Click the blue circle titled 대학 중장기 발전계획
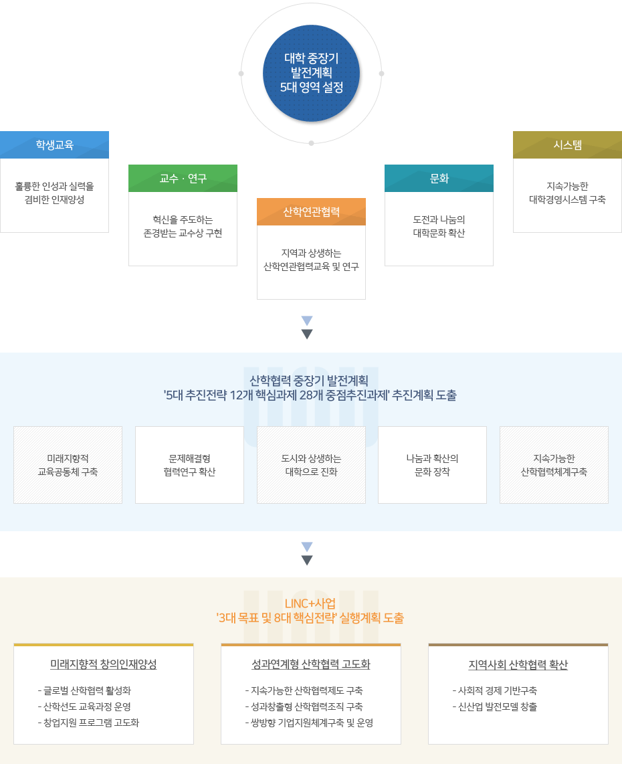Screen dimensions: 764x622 point(311,73)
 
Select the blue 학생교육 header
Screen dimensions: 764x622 point(54,145)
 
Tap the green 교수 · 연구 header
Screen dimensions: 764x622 point(183,178)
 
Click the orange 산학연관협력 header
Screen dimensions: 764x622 point(311,211)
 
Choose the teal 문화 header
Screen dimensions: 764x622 point(439,178)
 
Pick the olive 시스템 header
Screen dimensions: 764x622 point(567,145)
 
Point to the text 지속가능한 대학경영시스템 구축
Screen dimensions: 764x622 point(567,193)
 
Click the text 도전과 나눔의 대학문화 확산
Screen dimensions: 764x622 point(439,226)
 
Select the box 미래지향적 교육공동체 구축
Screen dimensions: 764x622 point(68,465)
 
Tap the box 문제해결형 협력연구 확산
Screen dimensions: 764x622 point(189,465)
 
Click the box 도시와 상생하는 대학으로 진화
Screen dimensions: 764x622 point(311,465)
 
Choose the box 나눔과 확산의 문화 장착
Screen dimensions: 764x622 point(432,465)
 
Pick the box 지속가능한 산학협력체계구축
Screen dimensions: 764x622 point(554,465)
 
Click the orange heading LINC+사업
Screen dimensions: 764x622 point(310,603)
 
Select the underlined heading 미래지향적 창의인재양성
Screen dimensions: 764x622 point(104,664)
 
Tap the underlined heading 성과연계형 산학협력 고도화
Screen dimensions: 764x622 point(310,664)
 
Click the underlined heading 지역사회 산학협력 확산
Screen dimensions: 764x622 point(518,664)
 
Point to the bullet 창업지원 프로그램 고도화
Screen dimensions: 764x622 point(91,723)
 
